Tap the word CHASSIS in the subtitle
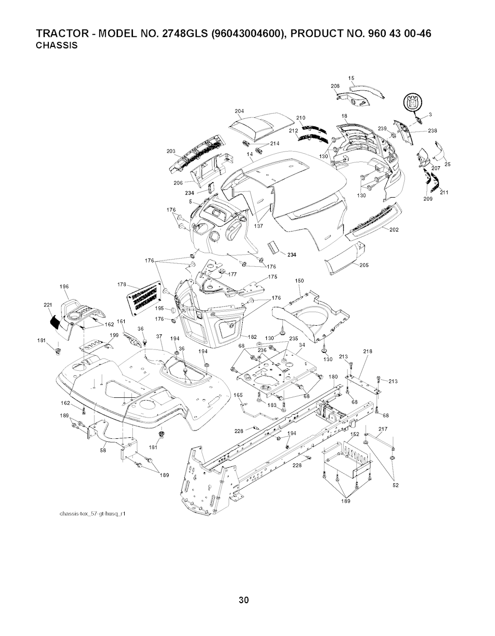point(57,46)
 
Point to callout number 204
point(239,111)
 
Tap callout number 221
point(47,305)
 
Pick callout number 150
point(299,281)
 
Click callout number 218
point(367,351)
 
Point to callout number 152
point(354,434)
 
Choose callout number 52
point(395,486)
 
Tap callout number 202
point(393,230)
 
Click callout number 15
point(351,78)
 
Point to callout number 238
point(432,130)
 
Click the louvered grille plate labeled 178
point(145,297)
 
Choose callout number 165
point(238,395)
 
